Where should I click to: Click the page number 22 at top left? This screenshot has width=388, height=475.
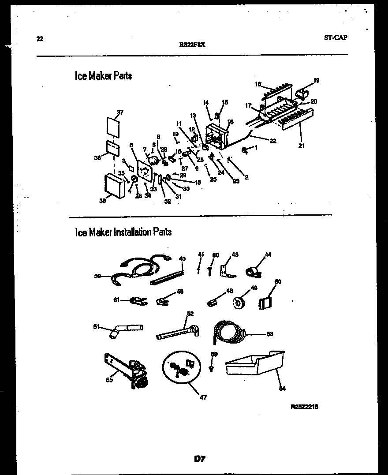pos(40,39)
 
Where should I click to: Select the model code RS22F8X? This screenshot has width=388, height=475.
pos(193,45)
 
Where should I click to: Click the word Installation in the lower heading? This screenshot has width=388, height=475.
pos(132,232)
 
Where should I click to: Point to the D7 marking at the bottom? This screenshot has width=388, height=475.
pos(199,459)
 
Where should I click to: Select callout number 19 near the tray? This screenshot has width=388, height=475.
pos(316,81)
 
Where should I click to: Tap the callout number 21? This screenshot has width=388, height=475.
pos(301,146)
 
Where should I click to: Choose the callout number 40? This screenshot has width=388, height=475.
pos(182,259)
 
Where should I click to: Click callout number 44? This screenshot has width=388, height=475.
pos(268,254)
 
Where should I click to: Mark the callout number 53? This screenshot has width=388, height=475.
pos(269,334)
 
